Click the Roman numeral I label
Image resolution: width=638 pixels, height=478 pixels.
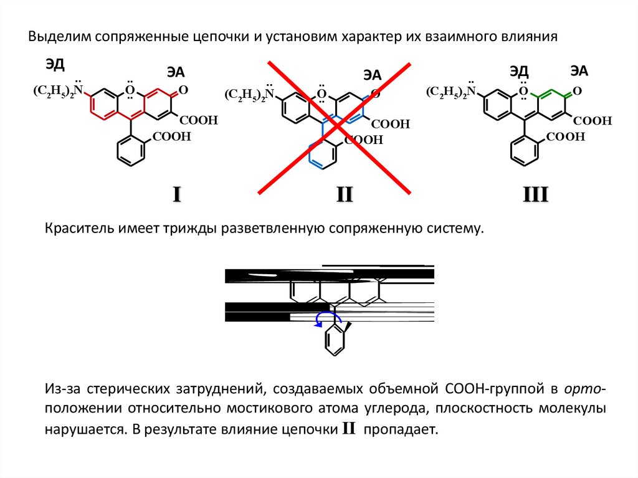tap(176, 196)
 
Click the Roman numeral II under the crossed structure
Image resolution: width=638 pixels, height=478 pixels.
tap(345, 196)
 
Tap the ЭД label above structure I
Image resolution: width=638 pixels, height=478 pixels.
tap(55, 64)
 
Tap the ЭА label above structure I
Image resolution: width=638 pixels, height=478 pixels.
tap(176, 72)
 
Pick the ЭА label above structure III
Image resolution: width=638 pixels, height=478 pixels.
tap(579, 70)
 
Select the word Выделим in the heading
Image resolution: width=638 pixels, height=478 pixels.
tap(59, 37)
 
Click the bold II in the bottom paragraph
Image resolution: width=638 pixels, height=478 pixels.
tap(348, 429)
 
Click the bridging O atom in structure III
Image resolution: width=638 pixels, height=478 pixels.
tap(523, 91)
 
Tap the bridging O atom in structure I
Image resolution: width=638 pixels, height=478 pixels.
tap(130, 90)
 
